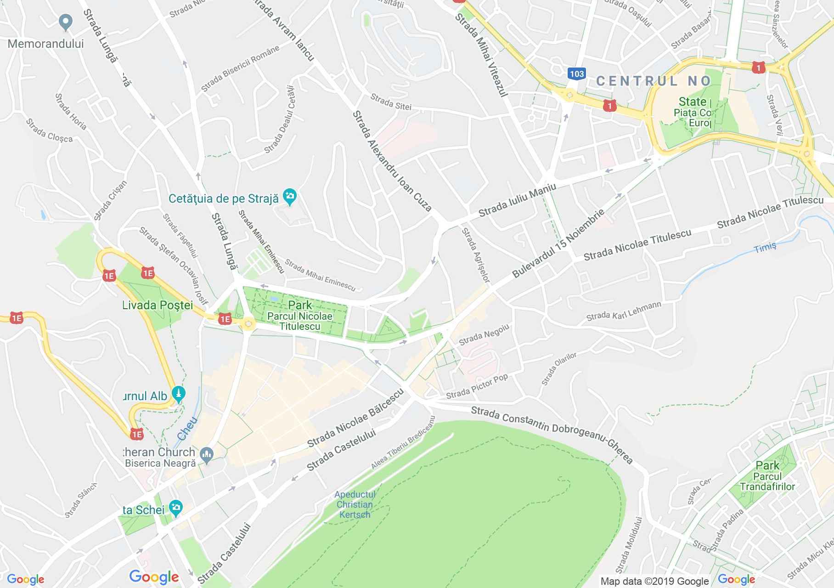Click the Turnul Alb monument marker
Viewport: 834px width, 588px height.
[x=178, y=394]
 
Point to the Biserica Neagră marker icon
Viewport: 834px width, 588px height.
[x=207, y=455]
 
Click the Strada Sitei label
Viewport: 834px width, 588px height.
[x=390, y=102]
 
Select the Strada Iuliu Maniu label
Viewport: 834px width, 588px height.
[x=517, y=201]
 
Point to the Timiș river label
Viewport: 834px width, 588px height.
[x=765, y=247]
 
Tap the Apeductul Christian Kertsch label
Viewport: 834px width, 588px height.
[x=355, y=504]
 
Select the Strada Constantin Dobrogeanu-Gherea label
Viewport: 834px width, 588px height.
[x=552, y=434]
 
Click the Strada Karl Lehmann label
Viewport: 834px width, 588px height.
[x=623, y=311]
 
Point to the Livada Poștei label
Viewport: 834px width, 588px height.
[x=158, y=305]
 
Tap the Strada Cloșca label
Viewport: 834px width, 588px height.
[x=49, y=130]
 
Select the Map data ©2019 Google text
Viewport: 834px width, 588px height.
[x=654, y=582]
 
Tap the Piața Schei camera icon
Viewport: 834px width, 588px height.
[x=175, y=508]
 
